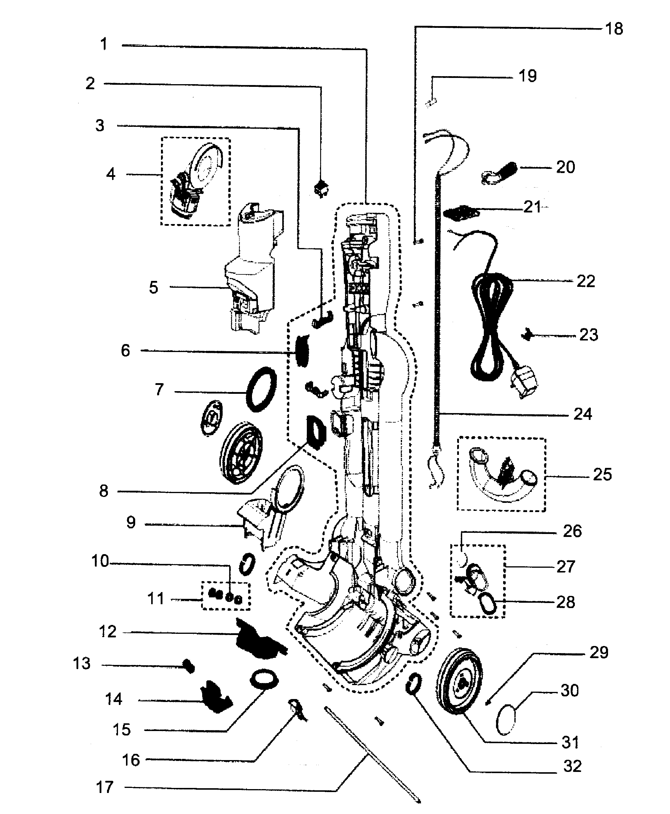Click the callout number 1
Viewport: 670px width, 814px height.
click(x=103, y=44)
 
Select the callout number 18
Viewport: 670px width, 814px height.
click(x=614, y=29)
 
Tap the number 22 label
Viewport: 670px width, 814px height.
click(x=586, y=281)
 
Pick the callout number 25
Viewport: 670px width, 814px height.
click(x=602, y=474)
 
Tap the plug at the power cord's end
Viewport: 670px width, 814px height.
click(x=524, y=383)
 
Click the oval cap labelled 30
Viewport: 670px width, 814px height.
click(x=506, y=719)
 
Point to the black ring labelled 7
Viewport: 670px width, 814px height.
click(x=261, y=389)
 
